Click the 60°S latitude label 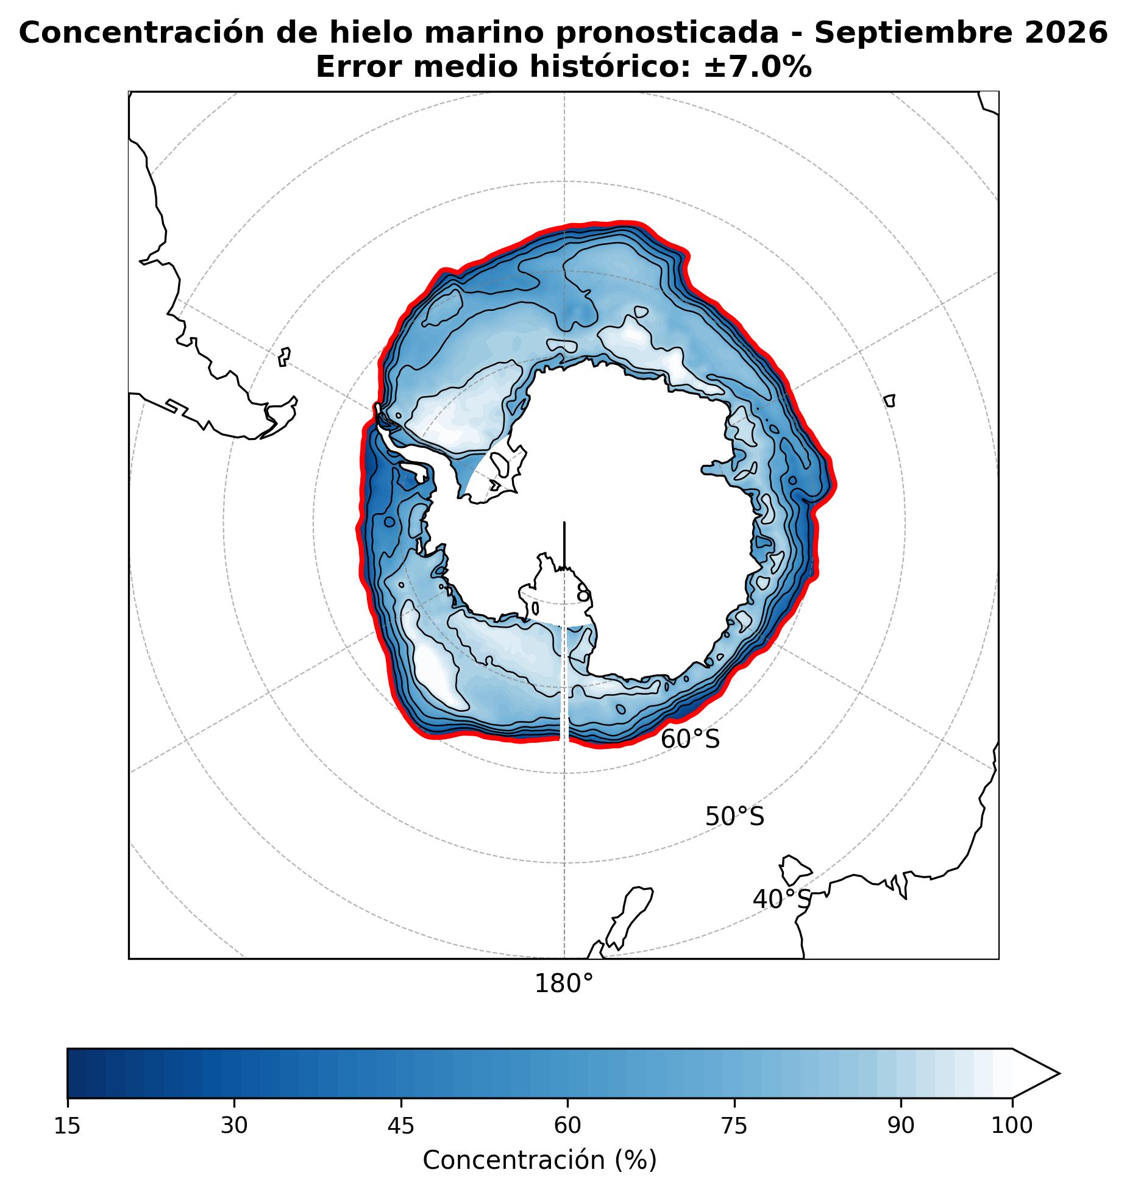pos(690,740)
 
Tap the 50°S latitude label pos(734,817)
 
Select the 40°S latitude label pos(782,899)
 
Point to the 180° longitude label pos(564,984)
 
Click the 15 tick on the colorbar pos(67,1126)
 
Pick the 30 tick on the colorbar pos(234,1126)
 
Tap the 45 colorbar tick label pos(401,1126)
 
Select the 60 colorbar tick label pos(567,1126)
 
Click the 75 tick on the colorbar pos(734,1126)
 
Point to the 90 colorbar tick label pos(901,1126)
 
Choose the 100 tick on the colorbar pos(1012,1126)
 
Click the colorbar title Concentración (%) pos(539,1160)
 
